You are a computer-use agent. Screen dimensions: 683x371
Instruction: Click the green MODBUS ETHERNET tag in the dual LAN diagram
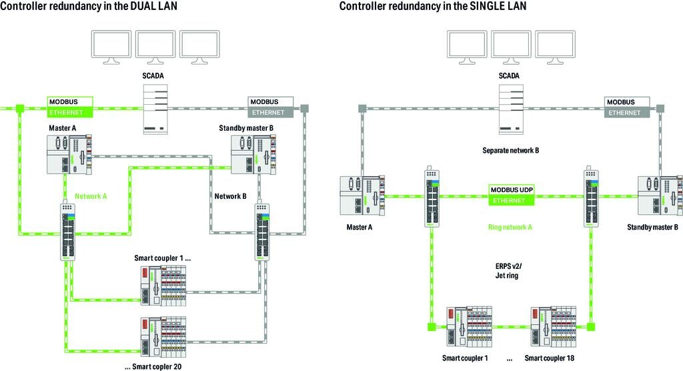pyautogui.click(x=70, y=107)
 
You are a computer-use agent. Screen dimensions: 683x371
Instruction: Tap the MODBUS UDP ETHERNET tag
pyautogui.click(x=512, y=195)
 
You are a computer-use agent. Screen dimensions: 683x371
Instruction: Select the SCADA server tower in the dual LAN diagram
pyautogui.click(x=155, y=109)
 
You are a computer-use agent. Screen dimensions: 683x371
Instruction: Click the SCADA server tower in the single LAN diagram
pyautogui.click(x=512, y=109)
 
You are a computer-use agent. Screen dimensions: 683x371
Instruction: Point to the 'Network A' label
pyautogui.click(x=91, y=196)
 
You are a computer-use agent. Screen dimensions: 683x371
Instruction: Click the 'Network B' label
pyautogui.click(x=230, y=196)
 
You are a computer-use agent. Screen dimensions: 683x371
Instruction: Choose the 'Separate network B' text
pyautogui.click(x=510, y=150)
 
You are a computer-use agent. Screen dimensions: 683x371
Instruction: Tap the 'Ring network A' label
pyautogui.click(x=510, y=227)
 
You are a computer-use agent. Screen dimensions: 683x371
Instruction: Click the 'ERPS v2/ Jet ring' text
pyautogui.click(x=508, y=271)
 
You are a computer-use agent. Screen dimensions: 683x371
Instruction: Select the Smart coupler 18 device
pyautogui.click(x=553, y=327)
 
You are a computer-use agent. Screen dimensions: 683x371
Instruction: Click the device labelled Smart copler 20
pyautogui.click(x=163, y=337)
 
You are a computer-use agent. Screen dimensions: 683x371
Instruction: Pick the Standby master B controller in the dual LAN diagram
pyautogui.click(x=253, y=154)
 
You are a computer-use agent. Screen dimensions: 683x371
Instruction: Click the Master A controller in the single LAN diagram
pyautogui.click(x=362, y=196)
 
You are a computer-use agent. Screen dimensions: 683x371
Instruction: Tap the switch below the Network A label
pyautogui.click(x=67, y=232)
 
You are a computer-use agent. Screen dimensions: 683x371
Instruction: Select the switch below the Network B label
pyautogui.click(x=261, y=232)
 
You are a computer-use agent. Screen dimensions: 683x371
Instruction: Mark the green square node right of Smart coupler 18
pyautogui.click(x=591, y=327)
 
